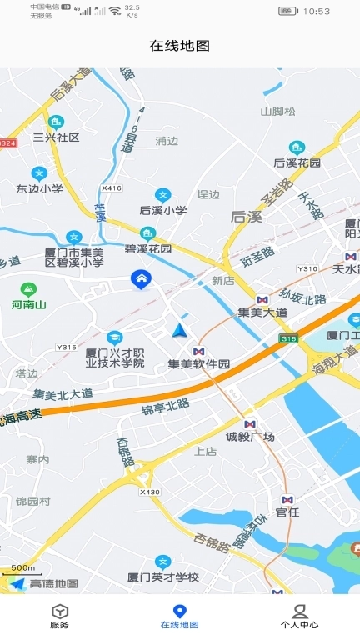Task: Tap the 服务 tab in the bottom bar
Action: click(59, 616)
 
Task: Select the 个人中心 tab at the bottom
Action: click(299, 616)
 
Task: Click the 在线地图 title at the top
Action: click(179, 46)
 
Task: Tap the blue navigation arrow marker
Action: click(179, 331)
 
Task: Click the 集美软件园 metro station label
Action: click(198, 363)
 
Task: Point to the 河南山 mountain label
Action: click(29, 305)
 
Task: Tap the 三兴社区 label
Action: click(56, 137)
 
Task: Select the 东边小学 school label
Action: click(39, 188)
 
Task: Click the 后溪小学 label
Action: click(162, 210)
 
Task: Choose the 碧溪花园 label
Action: click(148, 248)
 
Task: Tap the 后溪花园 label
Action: click(297, 162)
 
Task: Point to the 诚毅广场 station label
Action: click(250, 437)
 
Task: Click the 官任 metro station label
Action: click(287, 512)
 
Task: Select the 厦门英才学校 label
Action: click(163, 577)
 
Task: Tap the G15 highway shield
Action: click(289, 338)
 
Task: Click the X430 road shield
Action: click(150, 492)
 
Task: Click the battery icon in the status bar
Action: click(287, 11)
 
